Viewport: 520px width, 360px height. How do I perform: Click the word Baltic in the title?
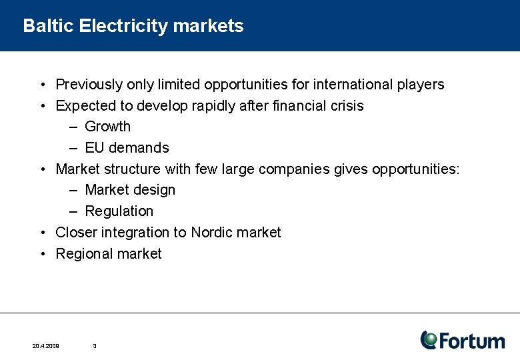(x=48, y=26)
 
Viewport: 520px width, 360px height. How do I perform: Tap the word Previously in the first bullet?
(x=88, y=85)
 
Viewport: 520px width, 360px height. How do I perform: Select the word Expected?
(x=85, y=106)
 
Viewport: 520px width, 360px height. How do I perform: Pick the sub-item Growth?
(x=107, y=127)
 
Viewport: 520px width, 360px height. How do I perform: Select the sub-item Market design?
(x=130, y=190)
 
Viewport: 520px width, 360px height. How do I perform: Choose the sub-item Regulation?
(x=119, y=211)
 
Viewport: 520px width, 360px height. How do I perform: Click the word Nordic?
(x=213, y=233)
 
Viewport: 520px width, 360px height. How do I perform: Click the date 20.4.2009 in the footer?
(x=45, y=346)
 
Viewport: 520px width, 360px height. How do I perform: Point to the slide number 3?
(x=95, y=346)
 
